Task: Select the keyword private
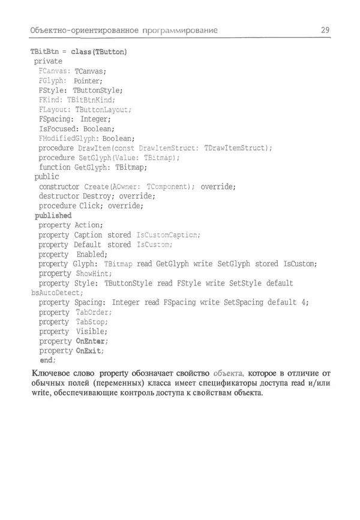[48, 61]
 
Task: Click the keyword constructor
[59, 187]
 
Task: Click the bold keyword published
[53, 215]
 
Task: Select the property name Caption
[88, 235]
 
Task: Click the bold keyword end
[47, 360]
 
